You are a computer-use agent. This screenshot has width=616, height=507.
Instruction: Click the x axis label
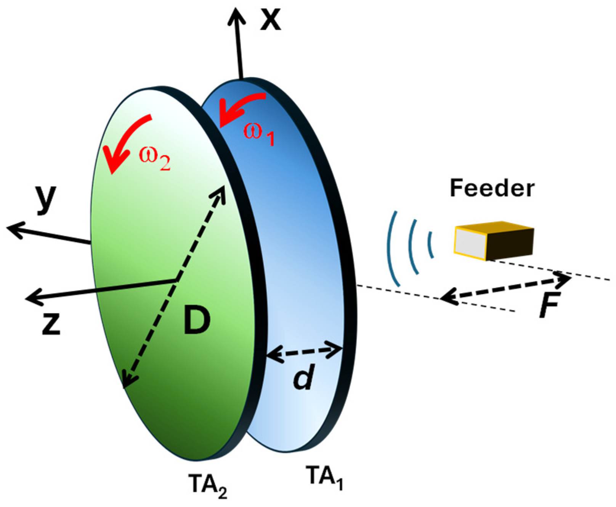coord(271,19)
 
